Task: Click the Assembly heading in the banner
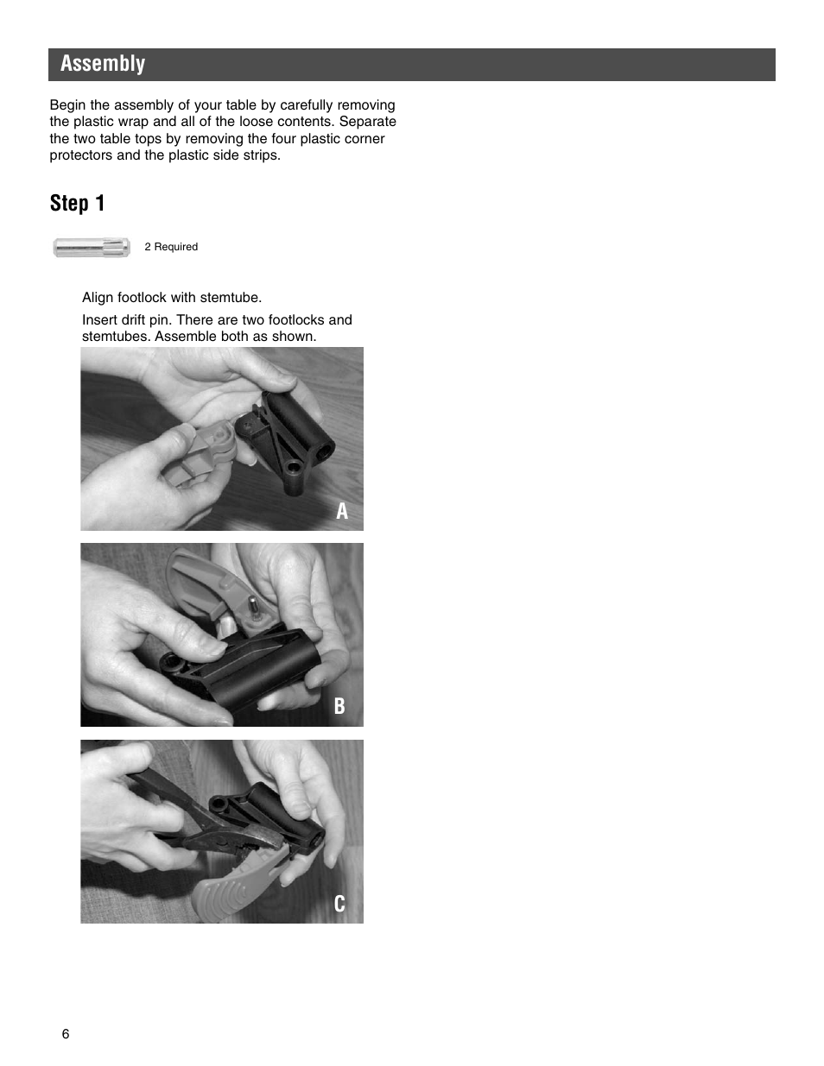click(103, 64)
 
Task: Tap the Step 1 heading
click(77, 204)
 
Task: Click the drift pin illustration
click(91, 248)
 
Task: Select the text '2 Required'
click(171, 247)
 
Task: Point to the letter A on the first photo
click(342, 512)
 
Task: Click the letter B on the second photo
click(339, 706)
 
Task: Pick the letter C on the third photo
click(339, 904)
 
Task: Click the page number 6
click(66, 1034)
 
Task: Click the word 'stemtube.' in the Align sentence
click(231, 298)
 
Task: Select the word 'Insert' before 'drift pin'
click(100, 320)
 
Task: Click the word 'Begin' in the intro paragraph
click(67, 105)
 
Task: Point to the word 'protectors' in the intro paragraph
click(80, 155)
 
